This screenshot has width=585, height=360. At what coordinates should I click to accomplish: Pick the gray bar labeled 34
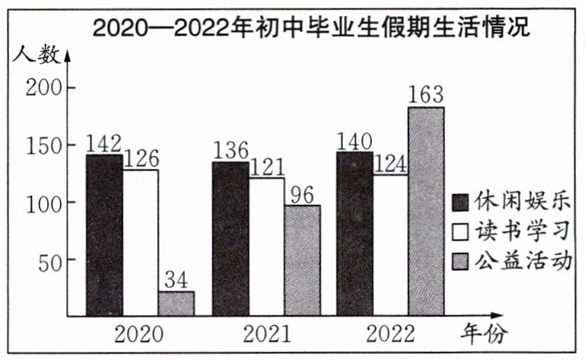coord(176,303)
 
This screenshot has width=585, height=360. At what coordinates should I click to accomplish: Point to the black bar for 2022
coord(354,234)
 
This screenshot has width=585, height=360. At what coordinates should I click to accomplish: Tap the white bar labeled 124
coord(390,244)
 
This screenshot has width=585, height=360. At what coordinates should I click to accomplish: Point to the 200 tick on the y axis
coord(45,88)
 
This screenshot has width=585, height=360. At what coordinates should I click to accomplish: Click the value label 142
coord(103,143)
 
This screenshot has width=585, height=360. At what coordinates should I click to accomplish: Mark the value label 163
coord(427,96)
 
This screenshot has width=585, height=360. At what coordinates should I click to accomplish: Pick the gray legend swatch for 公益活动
coord(461,260)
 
